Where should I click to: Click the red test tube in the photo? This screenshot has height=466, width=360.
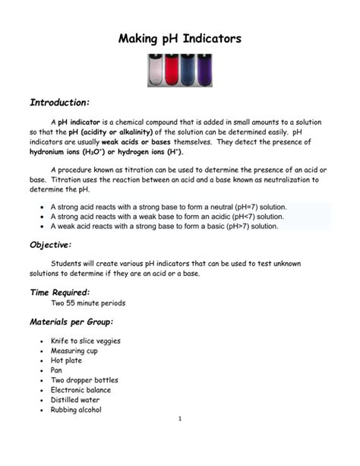pyautogui.click(x=171, y=70)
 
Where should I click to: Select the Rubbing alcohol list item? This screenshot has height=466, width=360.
pyautogui.click(x=76, y=410)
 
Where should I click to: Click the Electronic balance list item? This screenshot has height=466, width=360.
pyautogui.click(x=84, y=390)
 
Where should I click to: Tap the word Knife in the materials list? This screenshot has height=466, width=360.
pyautogui.click(x=59, y=341)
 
